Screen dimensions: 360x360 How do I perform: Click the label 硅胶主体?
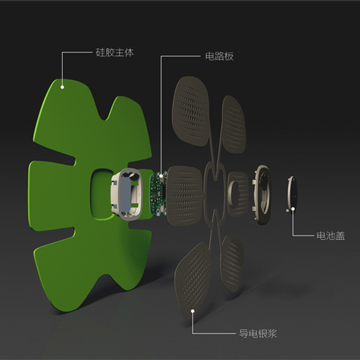coord(115,52)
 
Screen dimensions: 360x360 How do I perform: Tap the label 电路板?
coord(219,56)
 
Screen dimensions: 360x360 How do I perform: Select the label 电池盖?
coord(331,236)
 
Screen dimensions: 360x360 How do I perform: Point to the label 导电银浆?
coord(258,333)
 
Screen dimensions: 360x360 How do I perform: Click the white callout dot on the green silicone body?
coord(62,87)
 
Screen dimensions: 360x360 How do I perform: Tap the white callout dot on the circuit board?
coord(161,176)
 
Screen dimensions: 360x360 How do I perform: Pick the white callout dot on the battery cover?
coord(293,209)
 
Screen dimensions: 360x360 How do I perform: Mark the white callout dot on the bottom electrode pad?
coord(193,311)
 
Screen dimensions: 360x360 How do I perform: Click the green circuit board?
coord(158,194)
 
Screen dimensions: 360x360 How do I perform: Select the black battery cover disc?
coord(292,194)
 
